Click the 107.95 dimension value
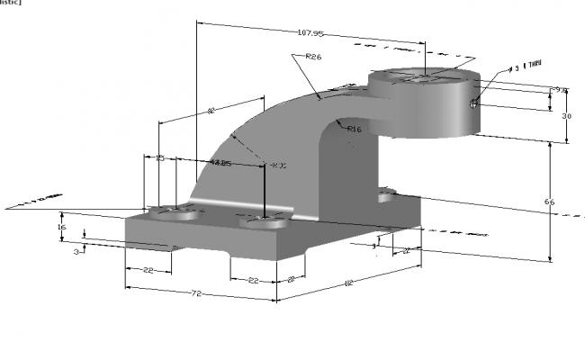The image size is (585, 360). (310, 33)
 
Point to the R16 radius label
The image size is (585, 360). (354, 130)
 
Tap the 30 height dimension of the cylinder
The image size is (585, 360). (567, 117)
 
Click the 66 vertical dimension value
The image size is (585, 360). (549, 202)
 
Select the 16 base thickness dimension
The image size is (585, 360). (61, 228)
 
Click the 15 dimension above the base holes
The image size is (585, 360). (160, 158)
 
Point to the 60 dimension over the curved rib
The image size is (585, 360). (211, 111)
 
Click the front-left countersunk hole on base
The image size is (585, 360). (174, 215)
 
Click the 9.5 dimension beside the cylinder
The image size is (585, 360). (560, 90)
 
